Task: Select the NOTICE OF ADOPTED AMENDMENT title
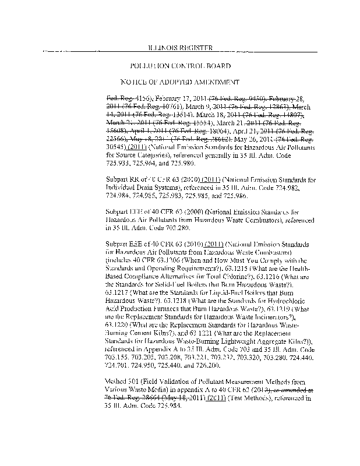pyautogui.click(x=180, y=83)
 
